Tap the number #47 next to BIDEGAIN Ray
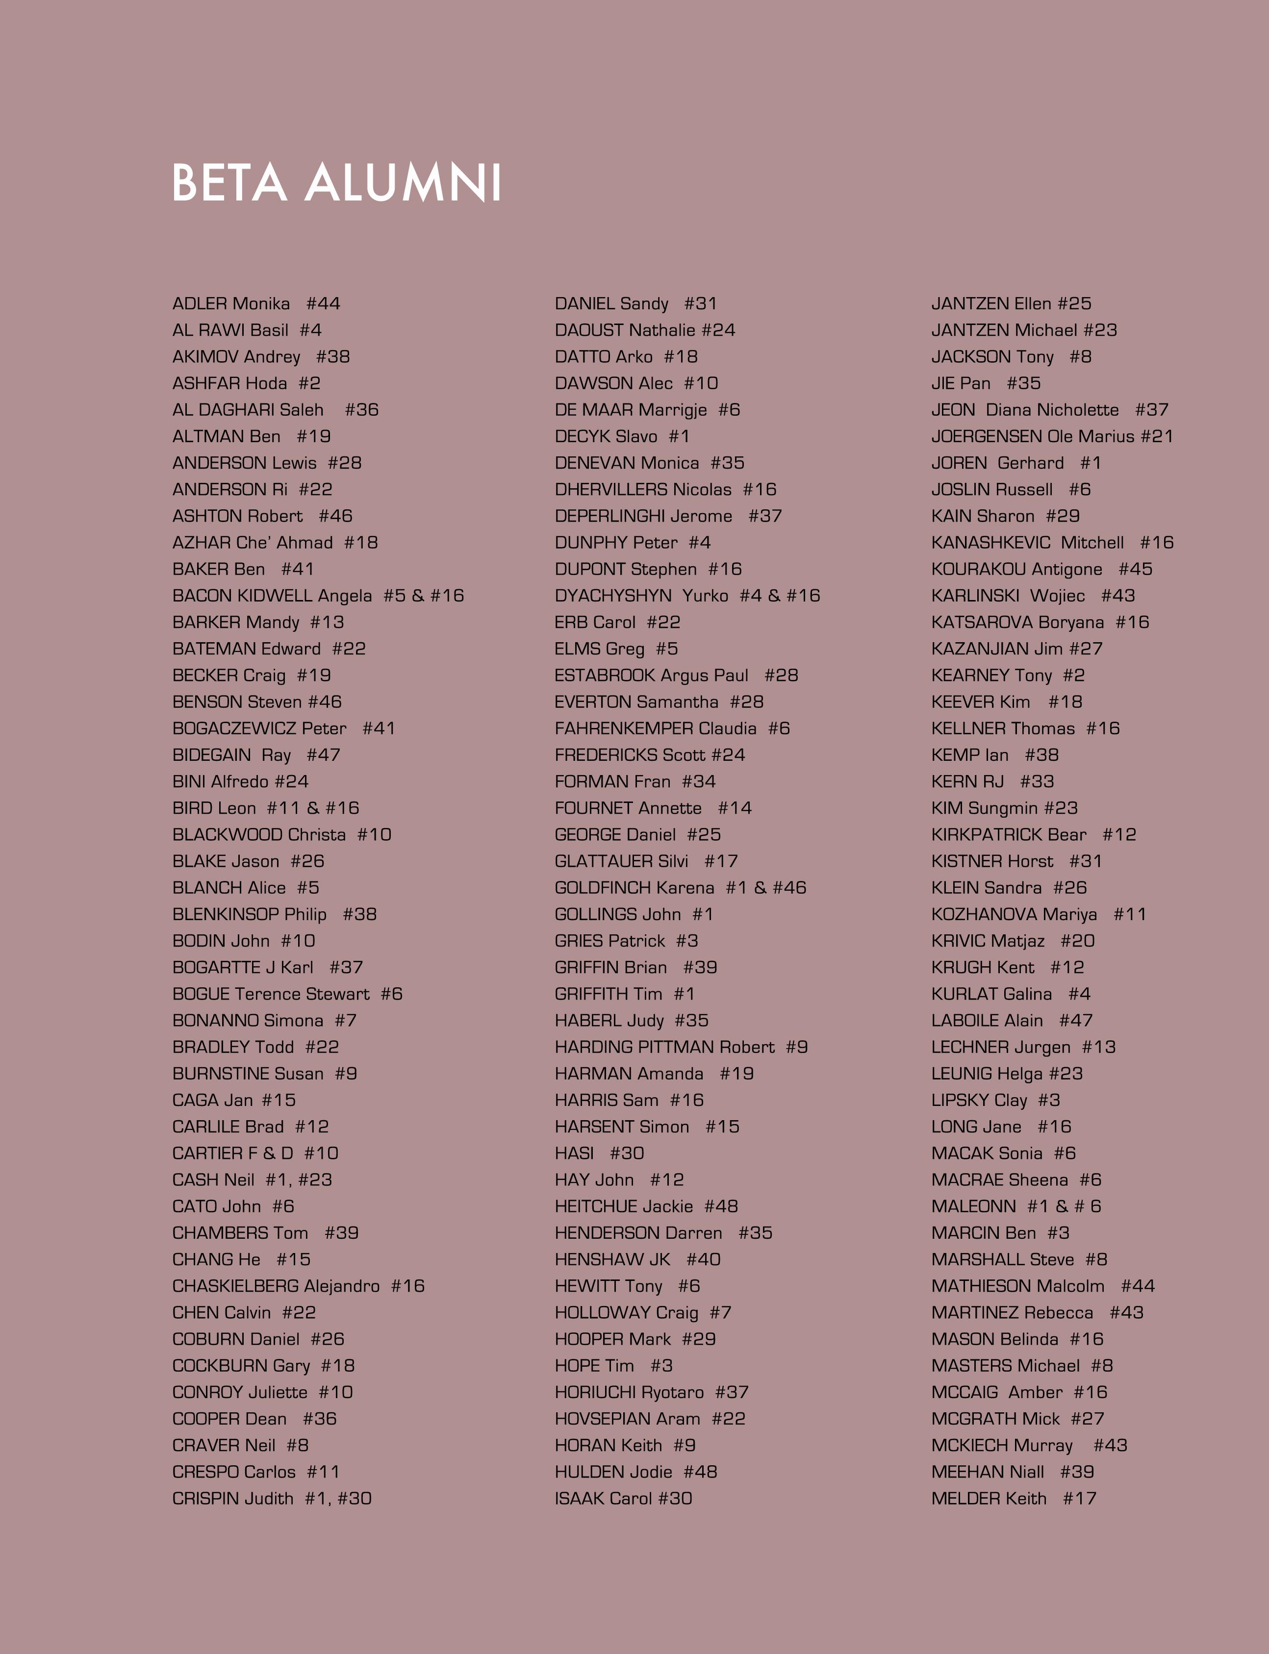coord(323,755)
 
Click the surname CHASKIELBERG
coord(234,1286)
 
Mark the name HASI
coord(574,1153)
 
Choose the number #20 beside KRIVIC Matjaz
coord(1077,941)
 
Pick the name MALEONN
coord(974,1206)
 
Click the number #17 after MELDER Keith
coord(1079,1499)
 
